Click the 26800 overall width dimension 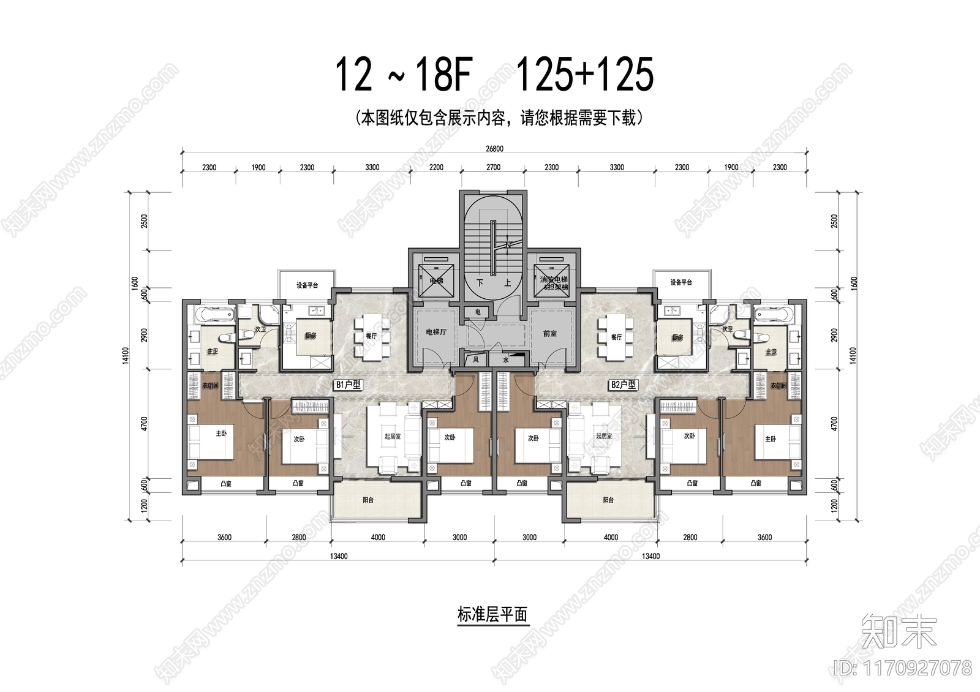click(494, 149)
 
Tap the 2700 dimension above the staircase click(493, 167)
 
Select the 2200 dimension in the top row click(436, 167)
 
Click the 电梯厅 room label click(436, 333)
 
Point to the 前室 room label click(549, 334)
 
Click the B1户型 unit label click(348, 385)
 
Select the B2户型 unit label click(623, 385)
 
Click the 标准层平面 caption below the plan click(492, 615)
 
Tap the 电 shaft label click(478, 312)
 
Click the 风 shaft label click(476, 360)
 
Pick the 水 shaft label click(506, 361)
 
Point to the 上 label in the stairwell click(507, 283)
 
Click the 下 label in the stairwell click(480, 283)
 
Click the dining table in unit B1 click(371, 337)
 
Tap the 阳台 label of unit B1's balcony click(368, 500)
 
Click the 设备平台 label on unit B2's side click(680, 282)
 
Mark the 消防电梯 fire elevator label click(554, 280)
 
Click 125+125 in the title click(585, 75)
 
